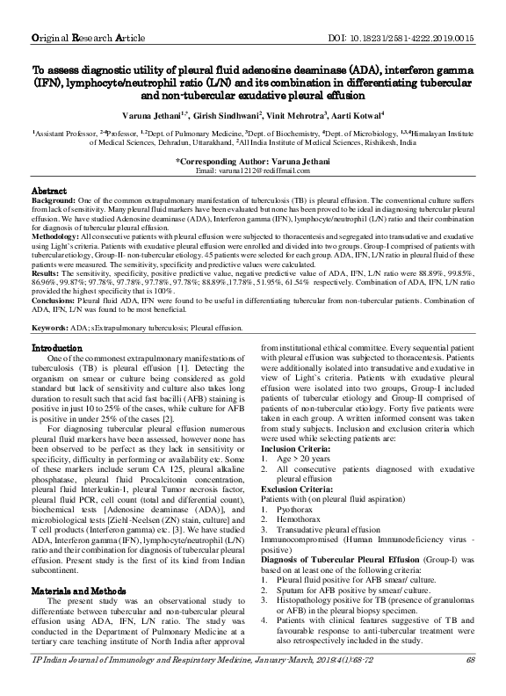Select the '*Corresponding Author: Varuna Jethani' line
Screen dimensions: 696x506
[x=253, y=161]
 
